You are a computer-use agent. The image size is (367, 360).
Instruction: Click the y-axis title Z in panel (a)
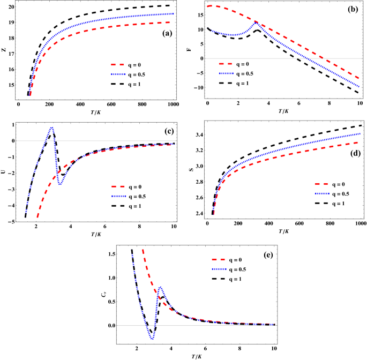4,51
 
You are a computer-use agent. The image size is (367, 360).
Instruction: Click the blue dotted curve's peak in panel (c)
52,127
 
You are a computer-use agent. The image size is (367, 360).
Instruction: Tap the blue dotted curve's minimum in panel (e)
152,339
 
